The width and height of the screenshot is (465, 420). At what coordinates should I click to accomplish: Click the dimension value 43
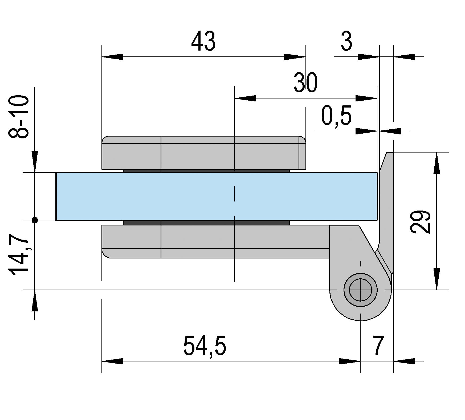point(203,42)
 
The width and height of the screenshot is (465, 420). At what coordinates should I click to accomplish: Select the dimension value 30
point(306,83)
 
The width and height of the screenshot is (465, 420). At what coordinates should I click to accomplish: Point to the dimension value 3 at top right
point(346,42)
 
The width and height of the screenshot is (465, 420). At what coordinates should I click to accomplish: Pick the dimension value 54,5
point(205,346)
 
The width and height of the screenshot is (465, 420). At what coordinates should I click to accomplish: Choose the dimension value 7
point(378,346)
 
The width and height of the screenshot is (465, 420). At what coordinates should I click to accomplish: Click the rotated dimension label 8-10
point(19,117)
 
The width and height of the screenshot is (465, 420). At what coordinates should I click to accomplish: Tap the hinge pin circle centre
point(360,290)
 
